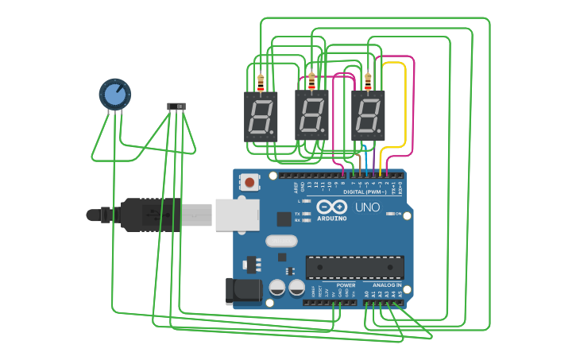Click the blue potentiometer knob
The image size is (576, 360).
[115, 94]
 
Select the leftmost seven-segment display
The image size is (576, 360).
[261, 116]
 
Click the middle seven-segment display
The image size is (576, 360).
[311, 116]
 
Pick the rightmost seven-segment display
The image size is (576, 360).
[368, 116]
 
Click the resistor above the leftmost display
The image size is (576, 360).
[261, 81]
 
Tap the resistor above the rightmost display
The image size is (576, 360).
[368, 81]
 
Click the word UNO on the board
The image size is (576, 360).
[367, 207]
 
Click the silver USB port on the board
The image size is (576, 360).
[237, 215]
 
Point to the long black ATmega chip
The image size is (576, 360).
[355, 267]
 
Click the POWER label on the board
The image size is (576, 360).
[346, 285]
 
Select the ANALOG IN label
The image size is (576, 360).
[387, 285]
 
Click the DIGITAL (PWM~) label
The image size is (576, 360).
[365, 192]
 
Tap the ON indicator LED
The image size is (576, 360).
[390, 213]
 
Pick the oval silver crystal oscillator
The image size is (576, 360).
[280, 241]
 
